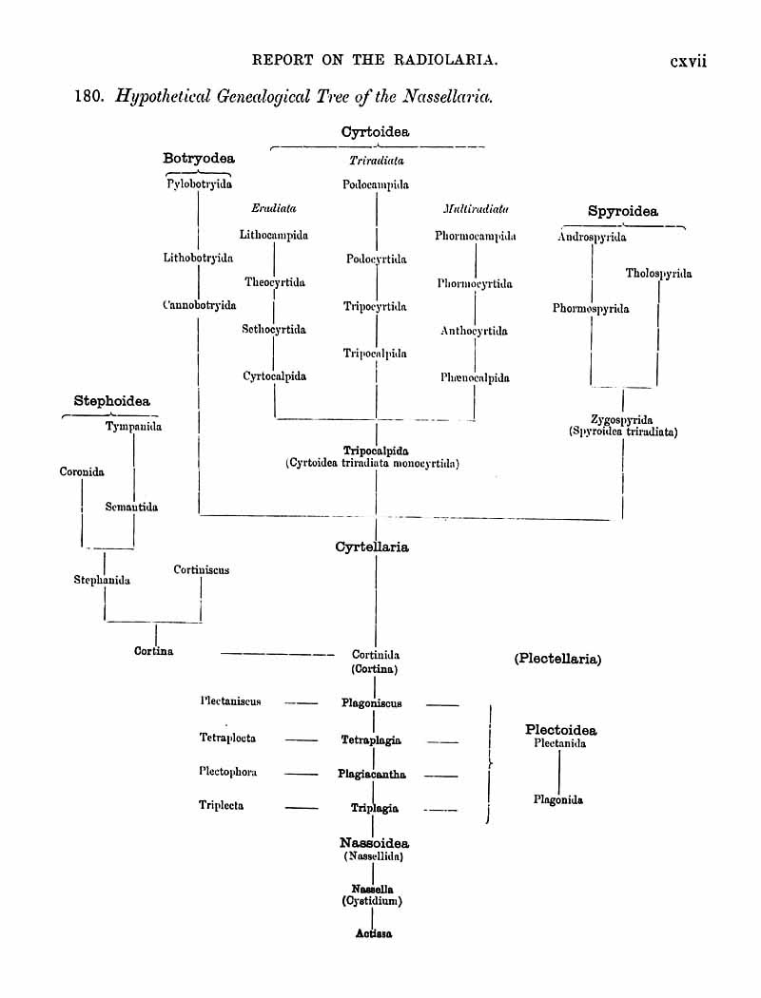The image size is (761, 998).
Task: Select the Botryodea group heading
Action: click(199, 159)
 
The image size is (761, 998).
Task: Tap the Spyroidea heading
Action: click(622, 212)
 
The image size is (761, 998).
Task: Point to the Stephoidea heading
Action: click(112, 402)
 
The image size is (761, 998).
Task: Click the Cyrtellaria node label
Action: click(372, 547)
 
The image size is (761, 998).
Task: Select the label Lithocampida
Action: click(274, 235)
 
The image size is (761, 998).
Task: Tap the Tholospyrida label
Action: click(658, 274)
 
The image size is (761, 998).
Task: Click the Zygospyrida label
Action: click(621, 420)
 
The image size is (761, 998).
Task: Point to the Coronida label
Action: click(82, 471)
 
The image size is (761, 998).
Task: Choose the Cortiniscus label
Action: click(201, 570)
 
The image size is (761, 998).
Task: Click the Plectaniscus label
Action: click(230, 701)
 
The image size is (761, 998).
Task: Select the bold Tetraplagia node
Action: click(371, 739)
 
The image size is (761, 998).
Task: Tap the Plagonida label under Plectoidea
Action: click(558, 800)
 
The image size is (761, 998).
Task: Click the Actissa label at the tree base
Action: click(374, 933)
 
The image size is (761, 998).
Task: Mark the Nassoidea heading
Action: click(374, 843)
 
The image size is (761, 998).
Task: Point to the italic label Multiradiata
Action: click(476, 208)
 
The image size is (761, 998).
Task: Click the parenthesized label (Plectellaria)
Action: click(557, 659)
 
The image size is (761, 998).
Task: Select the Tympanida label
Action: click(133, 427)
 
